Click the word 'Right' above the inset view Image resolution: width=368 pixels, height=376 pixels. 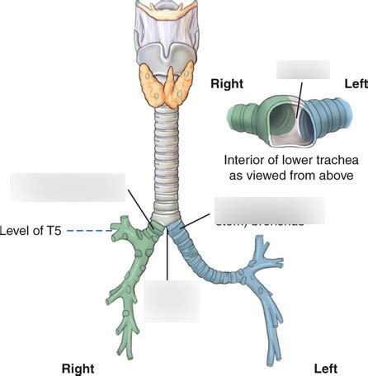coord(226,83)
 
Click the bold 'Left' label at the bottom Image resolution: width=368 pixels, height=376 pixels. coord(327,368)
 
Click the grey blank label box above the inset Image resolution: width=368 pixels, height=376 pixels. coord(303,68)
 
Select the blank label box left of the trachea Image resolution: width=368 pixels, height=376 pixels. coord(67,187)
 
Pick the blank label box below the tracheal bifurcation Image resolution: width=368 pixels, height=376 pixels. coord(172,301)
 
